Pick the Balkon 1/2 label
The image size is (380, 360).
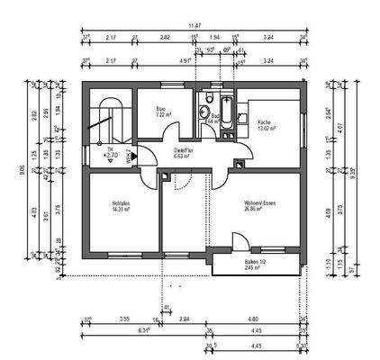[258, 262]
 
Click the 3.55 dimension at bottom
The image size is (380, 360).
[122, 319]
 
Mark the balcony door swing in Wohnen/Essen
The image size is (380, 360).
[239, 243]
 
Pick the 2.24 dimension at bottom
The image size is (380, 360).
[184, 319]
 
